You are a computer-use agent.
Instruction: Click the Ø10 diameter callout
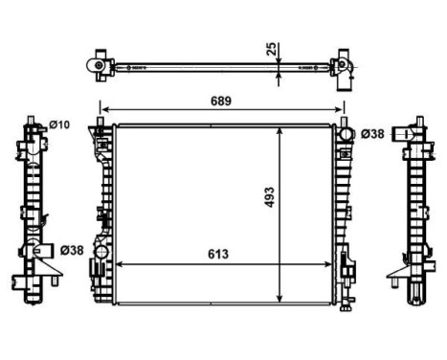pyautogui.click(x=59, y=125)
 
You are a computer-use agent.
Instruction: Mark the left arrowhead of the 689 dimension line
pyautogui.click(x=103, y=110)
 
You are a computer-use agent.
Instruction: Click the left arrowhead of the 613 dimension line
pyautogui.click(x=119, y=264)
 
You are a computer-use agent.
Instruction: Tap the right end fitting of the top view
pyautogui.click(x=341, y=66)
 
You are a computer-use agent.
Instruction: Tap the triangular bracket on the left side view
pyautogui.click(x=20, y=281)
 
